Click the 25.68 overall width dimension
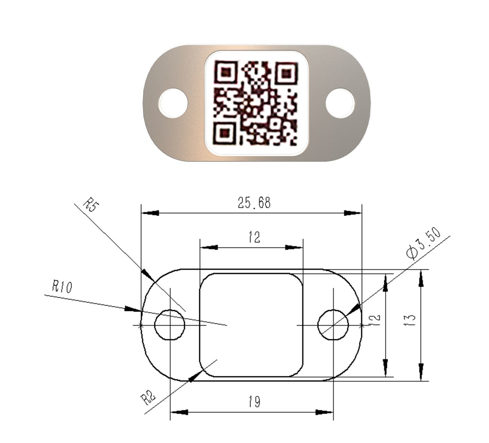point(254,203)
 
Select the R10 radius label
point(62,287)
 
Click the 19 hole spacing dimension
point(254,402)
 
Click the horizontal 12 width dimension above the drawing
point(254,238)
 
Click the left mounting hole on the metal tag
point(173,103)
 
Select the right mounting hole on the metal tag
point(340,103)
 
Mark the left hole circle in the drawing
point(170,325)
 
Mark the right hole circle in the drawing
point(333,325)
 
